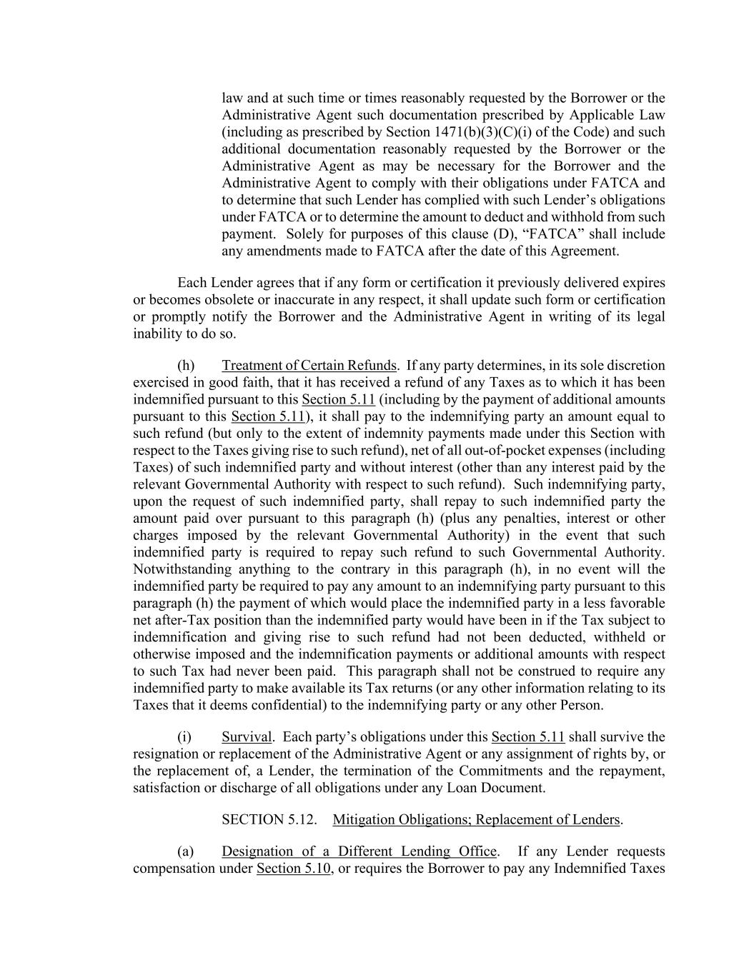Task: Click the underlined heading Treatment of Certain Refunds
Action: coord(309,366)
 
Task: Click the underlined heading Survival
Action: coord(247,737)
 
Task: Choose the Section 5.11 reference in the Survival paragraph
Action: coord(528,737)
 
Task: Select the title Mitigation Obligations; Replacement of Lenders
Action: coord(476,820)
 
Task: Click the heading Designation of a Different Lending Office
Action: coord(359,851)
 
